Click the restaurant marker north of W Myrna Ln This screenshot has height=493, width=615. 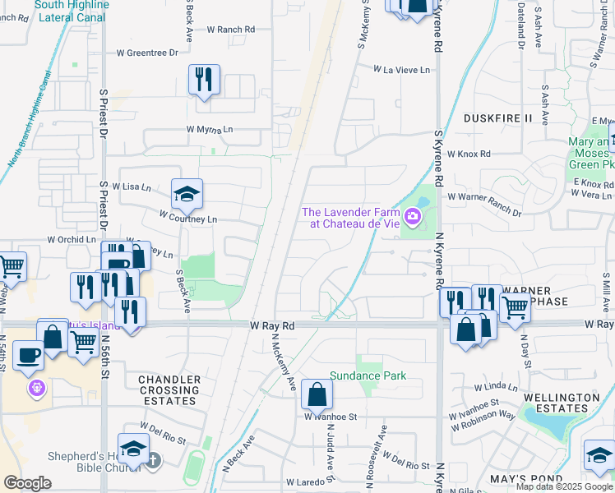204,80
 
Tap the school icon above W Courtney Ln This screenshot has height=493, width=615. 187,195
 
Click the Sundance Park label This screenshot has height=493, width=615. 368,376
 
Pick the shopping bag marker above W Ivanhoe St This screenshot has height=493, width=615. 317,395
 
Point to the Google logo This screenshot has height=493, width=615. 28,482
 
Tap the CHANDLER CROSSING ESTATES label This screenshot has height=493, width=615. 169,390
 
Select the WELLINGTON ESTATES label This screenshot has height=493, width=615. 562,403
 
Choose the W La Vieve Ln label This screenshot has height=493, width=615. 401,71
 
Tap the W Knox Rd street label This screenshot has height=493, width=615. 468,154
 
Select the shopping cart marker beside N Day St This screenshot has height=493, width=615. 515,308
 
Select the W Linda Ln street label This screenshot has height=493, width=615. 496,386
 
